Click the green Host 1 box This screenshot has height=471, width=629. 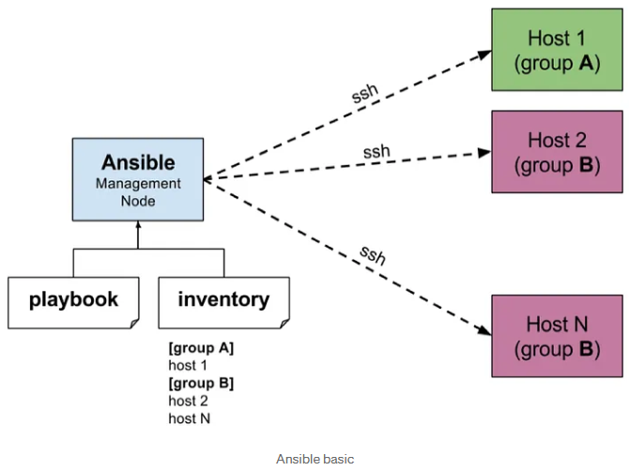coord(558,50)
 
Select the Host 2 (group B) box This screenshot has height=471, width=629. coord(558,152)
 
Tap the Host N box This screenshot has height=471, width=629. coord(558,336)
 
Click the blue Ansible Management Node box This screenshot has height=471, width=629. coord(138,179)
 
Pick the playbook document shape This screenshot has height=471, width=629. coord(73,303)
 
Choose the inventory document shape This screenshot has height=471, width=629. coord(223,303)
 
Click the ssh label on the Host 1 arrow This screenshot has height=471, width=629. coord(365,94)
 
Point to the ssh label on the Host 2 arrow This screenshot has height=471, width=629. coord(376,151)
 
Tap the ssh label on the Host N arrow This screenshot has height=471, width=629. coord(373,255)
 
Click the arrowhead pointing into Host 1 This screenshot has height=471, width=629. coord(484,54)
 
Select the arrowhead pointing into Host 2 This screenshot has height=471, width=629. coord(484,153)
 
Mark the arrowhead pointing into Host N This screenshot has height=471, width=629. coord(483,330)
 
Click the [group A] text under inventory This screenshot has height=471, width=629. coord(201,348)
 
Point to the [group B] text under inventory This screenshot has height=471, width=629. coord(201,383)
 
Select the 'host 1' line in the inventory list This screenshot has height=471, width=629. coord(188,365)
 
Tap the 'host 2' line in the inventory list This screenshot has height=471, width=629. coord(188,401)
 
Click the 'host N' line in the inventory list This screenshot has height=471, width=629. coord(190,418)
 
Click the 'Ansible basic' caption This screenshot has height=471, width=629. coord(314,459)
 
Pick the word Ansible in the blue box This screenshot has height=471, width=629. coord(138,162)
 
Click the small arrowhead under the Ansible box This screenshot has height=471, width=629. coord(138,224)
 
